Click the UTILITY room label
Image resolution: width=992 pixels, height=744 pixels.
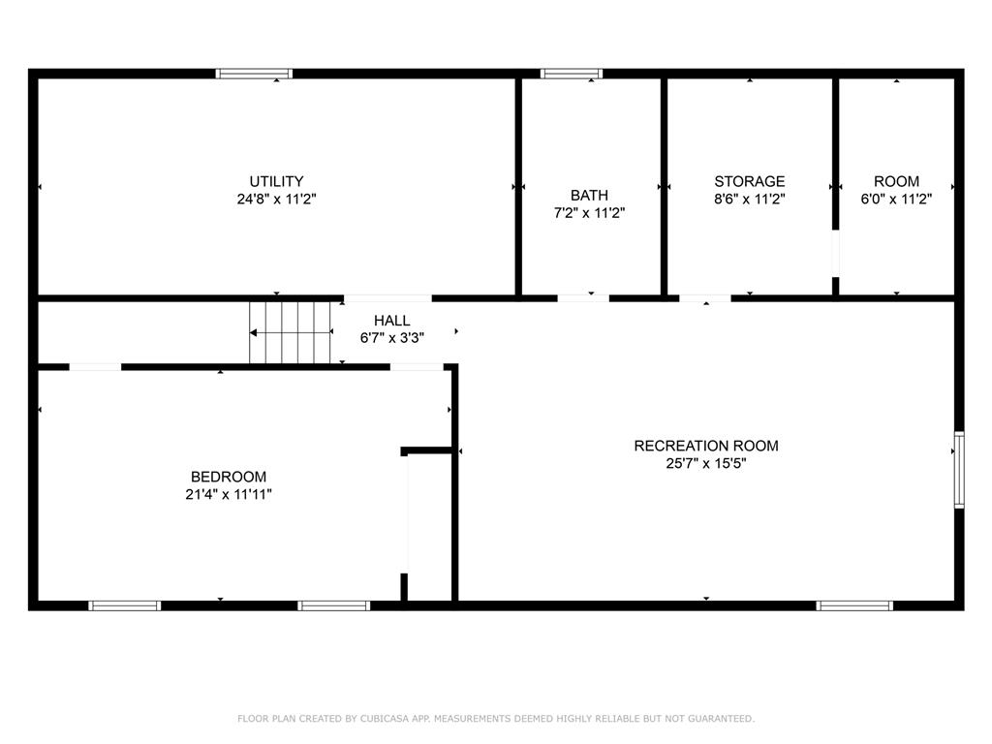pyautogui.click(x=276, y=181)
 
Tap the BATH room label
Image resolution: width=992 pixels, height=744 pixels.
pyautogui.click(x=589, y=196)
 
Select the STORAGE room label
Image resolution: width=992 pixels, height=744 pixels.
pyautogui.click(x=749, y=181)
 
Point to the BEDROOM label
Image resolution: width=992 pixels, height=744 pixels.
pyautogui.click(x=228, y=477)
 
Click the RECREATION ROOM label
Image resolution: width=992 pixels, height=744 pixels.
pyautogui.click(x=705, y=446)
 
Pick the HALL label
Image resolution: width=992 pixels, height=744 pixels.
pyautogui.click(x=391, y=321)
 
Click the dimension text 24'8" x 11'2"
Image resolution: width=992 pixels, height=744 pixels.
pyautogui.click(x=276, y=199)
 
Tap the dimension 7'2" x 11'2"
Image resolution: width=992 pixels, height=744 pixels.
pyautogui.click(x=589, y=213)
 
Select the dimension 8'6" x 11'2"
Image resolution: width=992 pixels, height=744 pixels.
pyautogui.click(x=749, y=199)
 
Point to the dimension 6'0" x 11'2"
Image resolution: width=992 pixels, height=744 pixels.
pyautogui.click(x=896, y=199)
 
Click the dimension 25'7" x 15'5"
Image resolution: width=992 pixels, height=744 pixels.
pyautogui.click(x=705, y=463)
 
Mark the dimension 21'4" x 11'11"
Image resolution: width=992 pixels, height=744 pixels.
pyautogui.click(x=228, y=494)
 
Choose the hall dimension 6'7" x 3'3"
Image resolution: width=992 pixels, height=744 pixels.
pyautogui.click(x=391, y=337)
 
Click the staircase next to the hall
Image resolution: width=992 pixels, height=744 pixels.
pyautogui.click(x=291, y=332)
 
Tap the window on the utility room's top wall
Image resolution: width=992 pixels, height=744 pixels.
pyautogui.click(x=254, y=73)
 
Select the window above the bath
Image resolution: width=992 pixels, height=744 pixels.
pyautogui.click(x=571, y=73)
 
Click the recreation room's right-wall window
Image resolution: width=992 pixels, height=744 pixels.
pyautogui.click(x=959, y=470)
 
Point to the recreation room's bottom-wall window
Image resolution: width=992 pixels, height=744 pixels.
pyautogui.click(x=853, y=605)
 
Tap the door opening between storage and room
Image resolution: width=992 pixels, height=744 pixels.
pyautogui.click(x=835, y=254)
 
